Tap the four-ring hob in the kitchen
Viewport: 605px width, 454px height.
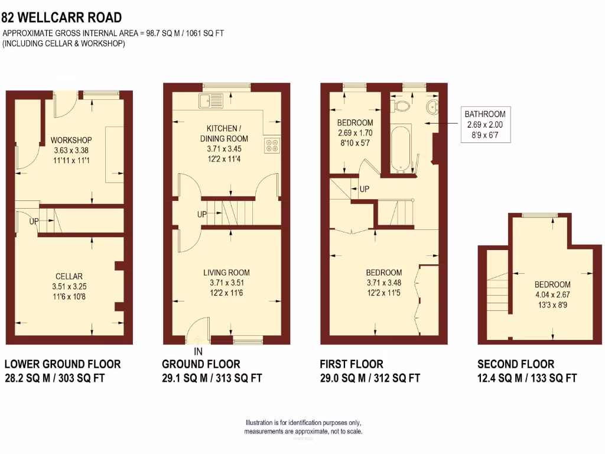pos(272,145)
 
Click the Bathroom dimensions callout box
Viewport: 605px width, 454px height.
pos(484,125)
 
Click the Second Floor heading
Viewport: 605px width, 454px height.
pos(516,364)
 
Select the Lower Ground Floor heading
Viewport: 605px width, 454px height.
pos(63,364)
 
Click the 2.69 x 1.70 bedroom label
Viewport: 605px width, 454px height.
pos(354,133)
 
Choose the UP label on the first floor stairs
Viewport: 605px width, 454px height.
pos(365,189)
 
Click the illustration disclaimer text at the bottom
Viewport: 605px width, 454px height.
pos(304,427)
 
